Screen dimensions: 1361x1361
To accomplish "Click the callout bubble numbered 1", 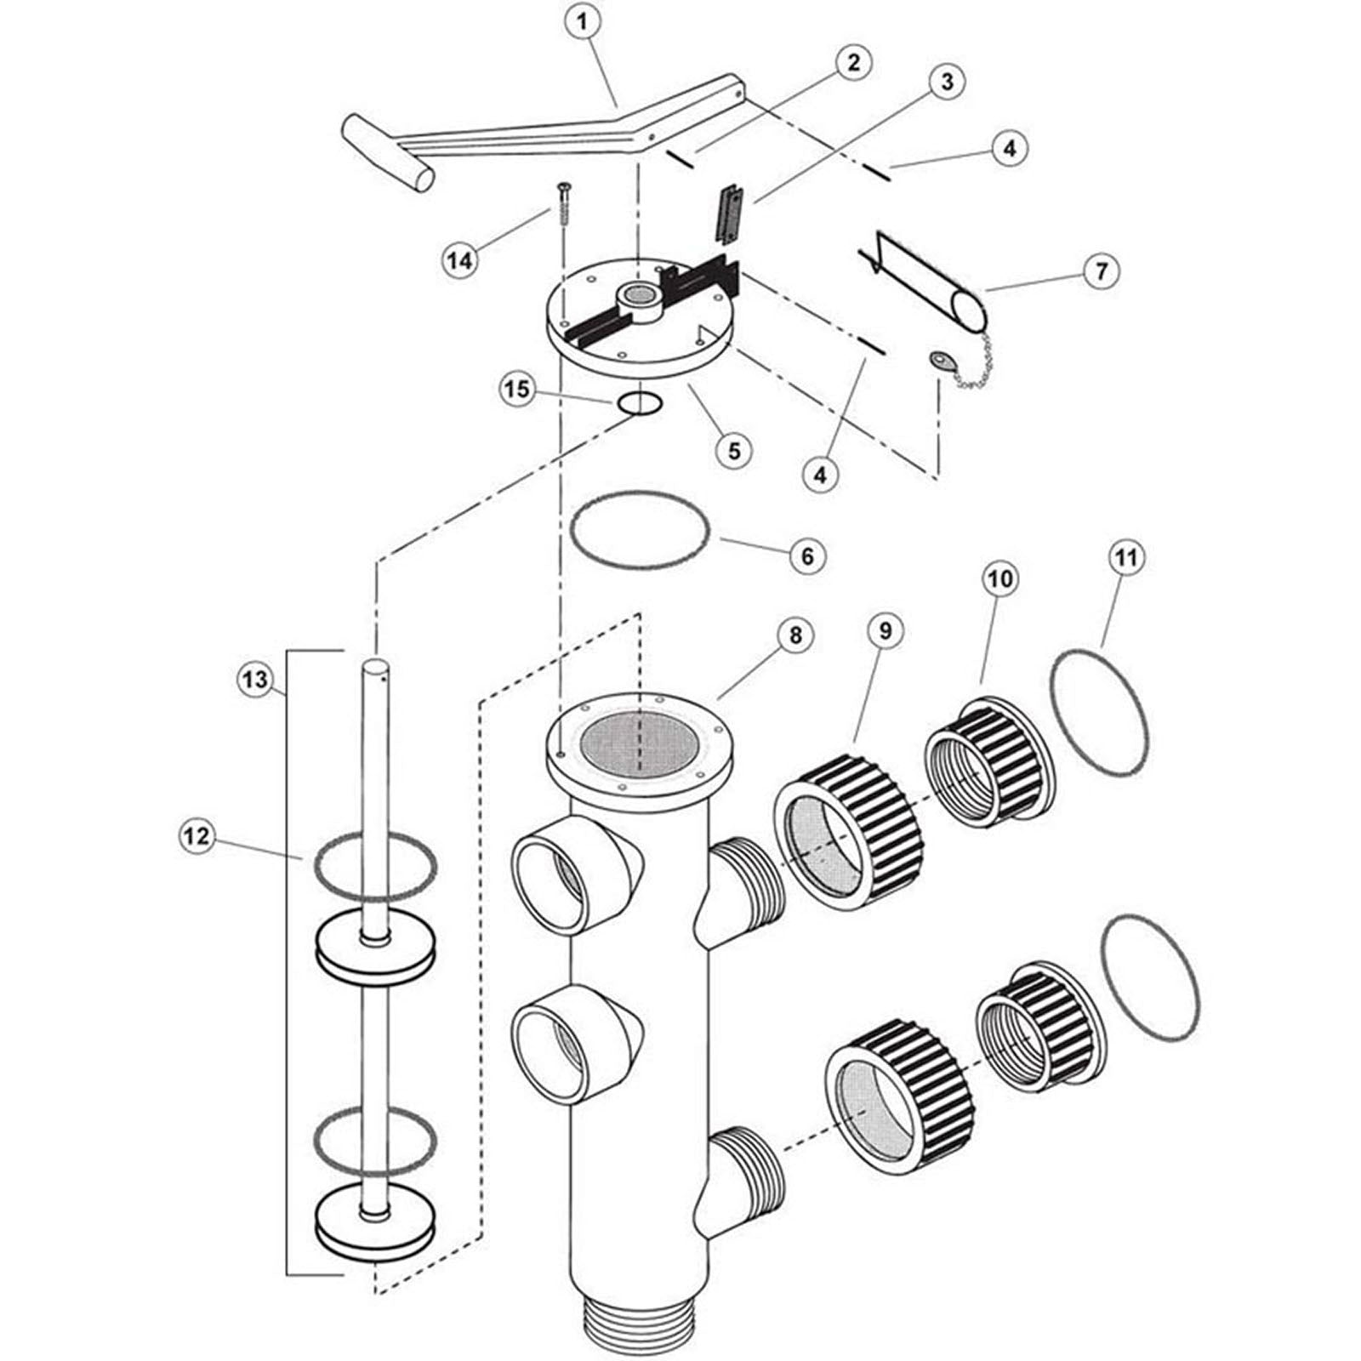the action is (x=582, y=23).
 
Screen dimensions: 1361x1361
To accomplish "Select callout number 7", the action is (x=1101, y=271).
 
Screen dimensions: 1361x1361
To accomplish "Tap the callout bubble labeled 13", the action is (x=254, y=680).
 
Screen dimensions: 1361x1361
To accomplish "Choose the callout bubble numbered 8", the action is (x=795, y=635).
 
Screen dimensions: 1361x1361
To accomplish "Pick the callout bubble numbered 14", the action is (x=461, y=260).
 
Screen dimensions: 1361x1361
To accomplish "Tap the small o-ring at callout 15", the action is (x=639, y=403).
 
